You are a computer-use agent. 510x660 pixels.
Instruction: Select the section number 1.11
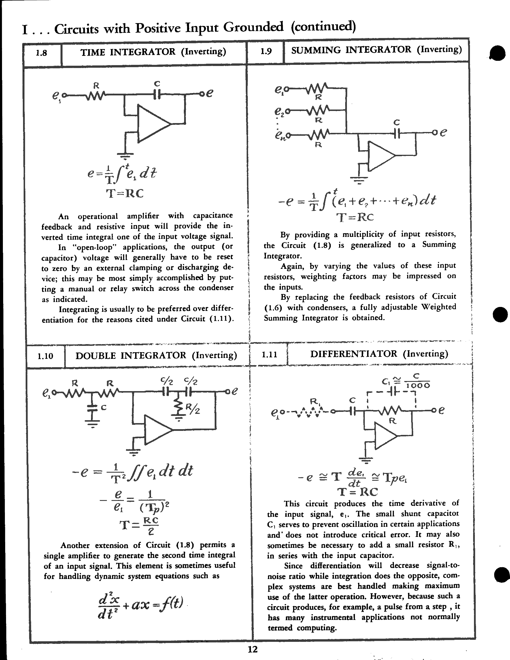pyautogui.click(x=269, y=354)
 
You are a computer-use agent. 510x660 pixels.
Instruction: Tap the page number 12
pyautogui.click(x=252, y=649)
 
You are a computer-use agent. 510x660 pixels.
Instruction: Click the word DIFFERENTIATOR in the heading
pyautogui.click(x=354, y=354)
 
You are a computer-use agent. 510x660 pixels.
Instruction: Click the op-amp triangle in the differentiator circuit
pyautogui.click(x=385, y=435)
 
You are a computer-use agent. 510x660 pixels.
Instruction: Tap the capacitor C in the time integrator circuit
pyautogui.click(x=156, y=95)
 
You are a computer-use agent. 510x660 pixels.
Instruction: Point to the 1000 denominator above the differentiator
pyautogui.click(x=418, y=386)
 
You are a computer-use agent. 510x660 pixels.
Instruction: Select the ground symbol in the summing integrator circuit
pyautogui.click(x=359, y=180)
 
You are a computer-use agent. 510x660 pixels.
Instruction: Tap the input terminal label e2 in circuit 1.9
pyautogui.click(x=279, y=111)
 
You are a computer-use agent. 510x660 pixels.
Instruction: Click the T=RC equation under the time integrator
pyautogui.click(x=125, y=193)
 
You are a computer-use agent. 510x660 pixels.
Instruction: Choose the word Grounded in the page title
pyautogui.click(x=253, y=27)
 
